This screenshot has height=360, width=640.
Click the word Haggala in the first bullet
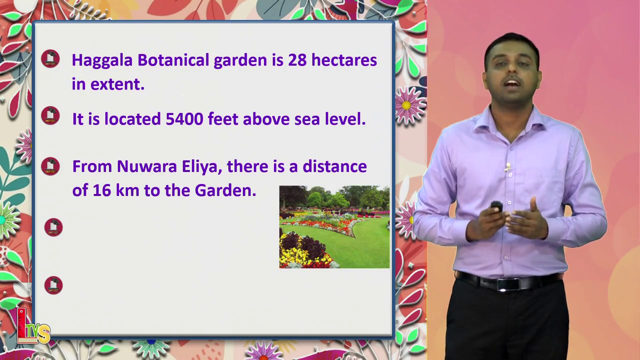pos(102,61)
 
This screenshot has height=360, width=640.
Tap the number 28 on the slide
pos(297,60)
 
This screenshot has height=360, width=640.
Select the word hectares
pos(344,60)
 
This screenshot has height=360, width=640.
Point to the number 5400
pos(184,119)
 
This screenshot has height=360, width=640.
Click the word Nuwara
pos(147,166)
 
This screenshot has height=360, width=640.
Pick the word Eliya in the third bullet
pos(202,167)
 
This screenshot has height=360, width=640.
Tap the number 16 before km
pos(101,190)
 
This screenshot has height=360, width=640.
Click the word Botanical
pos(173,60)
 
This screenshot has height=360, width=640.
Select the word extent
pos(117,84)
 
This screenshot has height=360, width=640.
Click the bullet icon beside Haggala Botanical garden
pos(50,59)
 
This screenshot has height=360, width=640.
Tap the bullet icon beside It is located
pos(50,115)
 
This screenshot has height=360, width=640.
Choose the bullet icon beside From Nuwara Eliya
pos(50,166)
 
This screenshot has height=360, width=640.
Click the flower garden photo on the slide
pos(334,227)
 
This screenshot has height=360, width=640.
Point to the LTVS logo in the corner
pos(33,327)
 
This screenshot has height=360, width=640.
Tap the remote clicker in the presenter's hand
pos(497,206)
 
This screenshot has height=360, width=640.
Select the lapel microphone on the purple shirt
pos(507,167)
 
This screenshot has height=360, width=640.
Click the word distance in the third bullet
pos(334,166)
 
